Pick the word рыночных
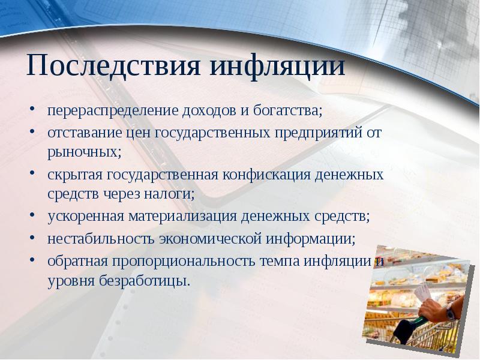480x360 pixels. tap(83, 151)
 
